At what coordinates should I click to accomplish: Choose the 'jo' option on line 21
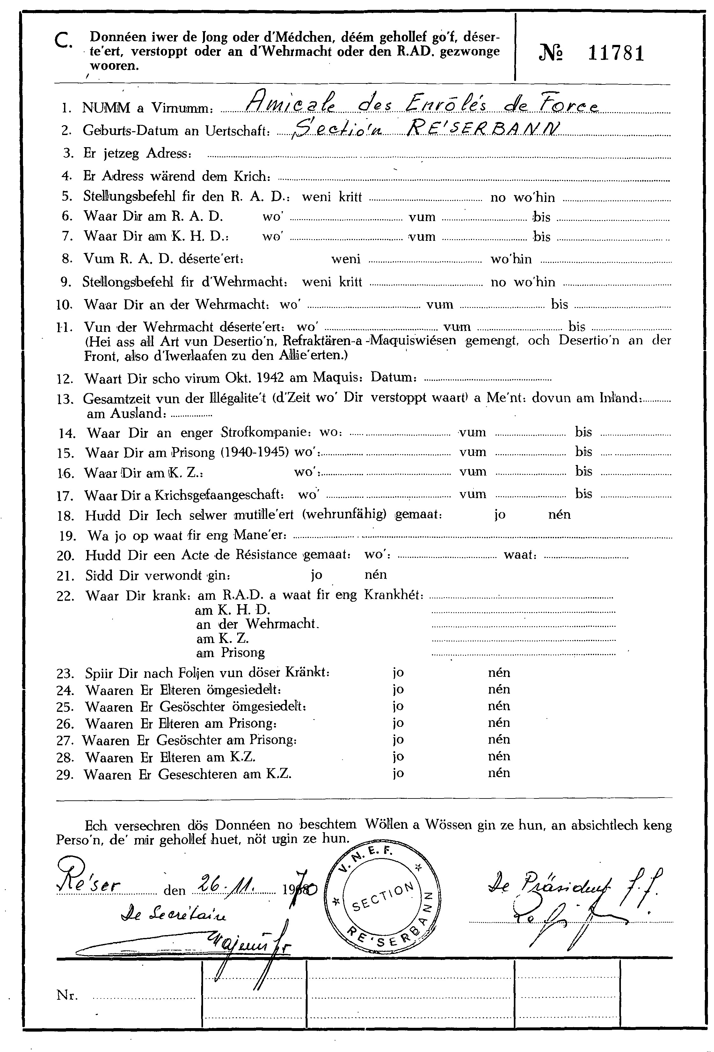click(316, 575)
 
